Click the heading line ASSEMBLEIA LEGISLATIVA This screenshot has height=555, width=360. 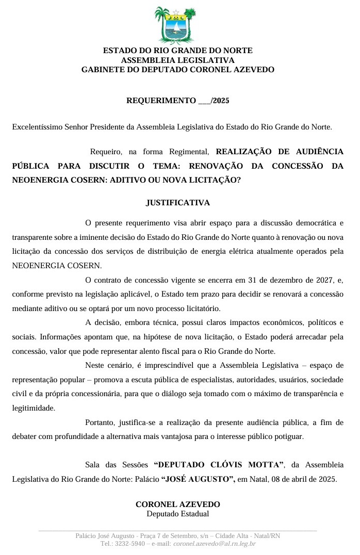coord(177,60)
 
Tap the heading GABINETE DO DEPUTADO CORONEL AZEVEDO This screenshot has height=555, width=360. coord(177,69)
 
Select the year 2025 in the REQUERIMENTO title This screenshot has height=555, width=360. coord(221,101)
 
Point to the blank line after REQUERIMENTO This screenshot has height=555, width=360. coord(204,101)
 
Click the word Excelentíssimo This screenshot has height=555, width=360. coord(36,126)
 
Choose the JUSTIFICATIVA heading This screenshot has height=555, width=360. coord(177,203)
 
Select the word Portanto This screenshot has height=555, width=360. coord(99,422)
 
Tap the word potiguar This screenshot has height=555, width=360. coord(289,436)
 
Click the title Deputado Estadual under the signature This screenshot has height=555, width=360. coord(177,514)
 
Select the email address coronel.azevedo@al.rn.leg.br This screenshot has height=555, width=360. coord(214,544)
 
